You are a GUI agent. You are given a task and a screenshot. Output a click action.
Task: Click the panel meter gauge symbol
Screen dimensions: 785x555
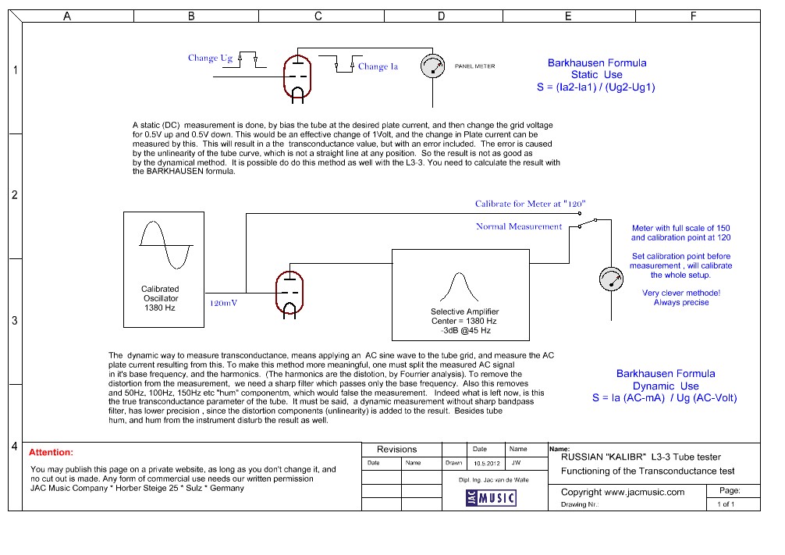point(432,66)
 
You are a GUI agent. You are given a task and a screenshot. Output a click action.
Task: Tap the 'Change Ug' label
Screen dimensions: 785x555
point(210,58)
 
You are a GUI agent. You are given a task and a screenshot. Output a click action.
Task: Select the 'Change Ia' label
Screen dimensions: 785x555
point(378,66)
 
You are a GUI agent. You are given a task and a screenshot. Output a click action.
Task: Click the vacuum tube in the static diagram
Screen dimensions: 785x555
point(297,78)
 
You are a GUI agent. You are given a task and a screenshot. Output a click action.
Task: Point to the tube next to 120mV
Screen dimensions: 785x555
point(289,294)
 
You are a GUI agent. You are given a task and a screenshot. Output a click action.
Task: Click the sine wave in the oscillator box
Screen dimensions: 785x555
point(165,245)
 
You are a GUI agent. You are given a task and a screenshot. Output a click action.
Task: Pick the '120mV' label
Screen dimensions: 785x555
point(223,303)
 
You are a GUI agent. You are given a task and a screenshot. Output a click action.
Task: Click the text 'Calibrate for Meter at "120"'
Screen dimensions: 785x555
point(530,204)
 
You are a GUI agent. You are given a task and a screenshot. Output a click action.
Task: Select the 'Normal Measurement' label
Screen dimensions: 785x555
point(519,226)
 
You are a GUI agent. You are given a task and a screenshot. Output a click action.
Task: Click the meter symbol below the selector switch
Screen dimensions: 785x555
point(611,279)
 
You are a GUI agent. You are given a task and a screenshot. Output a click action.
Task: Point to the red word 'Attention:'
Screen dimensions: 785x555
point(51,452)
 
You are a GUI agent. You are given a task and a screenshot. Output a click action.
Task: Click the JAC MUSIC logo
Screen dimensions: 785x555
point(491,498)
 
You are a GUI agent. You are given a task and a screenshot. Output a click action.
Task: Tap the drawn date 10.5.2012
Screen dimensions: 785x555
point(487,464)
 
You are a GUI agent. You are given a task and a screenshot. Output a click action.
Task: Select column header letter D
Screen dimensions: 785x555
point(441,16)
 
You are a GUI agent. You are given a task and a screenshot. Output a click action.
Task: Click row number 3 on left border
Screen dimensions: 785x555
point(15,321)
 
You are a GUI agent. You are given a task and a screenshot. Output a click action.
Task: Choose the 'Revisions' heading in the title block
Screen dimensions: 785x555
point(397,450)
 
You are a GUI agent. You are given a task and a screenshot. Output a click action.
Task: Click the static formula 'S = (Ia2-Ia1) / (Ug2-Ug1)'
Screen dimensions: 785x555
point(595,87)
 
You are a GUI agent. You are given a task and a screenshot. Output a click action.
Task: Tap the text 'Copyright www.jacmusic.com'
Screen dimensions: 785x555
point(622,492)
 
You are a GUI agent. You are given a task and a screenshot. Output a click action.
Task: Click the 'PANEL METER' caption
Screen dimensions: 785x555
point(474,66)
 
